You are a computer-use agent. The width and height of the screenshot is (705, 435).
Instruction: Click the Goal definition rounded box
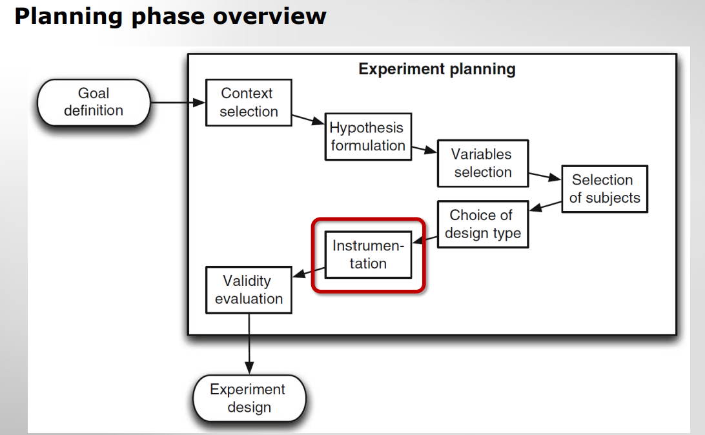tap(94, 102)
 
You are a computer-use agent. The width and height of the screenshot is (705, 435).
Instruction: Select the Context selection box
tap(249, 103)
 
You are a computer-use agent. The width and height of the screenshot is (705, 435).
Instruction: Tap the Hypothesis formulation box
tap(367, 137)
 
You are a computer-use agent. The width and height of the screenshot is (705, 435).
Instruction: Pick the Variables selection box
tap(482, 163)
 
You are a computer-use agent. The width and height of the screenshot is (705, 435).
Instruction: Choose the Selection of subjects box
tap(604, 189)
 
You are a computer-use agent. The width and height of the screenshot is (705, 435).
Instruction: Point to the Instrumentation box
tap(368, 254)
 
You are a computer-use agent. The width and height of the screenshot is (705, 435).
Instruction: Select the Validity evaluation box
tap(249, 290)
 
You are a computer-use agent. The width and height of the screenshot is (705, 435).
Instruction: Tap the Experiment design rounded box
tap(249, 398)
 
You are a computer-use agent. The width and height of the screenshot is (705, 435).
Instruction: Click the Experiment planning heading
tap(436, 69)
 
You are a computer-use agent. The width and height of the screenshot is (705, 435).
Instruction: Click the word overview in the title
tap(269, 15)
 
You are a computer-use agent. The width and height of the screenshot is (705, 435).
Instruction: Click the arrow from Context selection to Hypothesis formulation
tap(307, 120)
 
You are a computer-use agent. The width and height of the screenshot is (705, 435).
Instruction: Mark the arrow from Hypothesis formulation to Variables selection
tap(424, 150)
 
